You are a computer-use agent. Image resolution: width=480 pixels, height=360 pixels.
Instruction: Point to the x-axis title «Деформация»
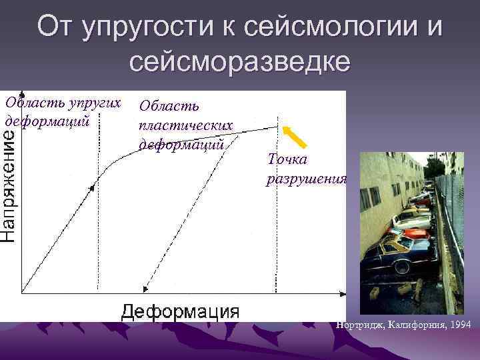coord(180,311)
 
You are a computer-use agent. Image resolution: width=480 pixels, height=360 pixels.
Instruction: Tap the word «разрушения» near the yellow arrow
coord(307,179)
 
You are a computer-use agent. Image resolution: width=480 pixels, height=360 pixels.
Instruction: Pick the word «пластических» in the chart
coord(185,125)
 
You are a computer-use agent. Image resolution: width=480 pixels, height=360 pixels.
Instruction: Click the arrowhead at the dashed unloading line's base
coord(145,289)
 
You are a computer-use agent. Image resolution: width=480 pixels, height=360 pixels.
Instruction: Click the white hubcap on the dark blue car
coord(402,267)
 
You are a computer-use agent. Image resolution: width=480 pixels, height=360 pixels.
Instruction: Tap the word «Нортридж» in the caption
coord(361,325)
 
